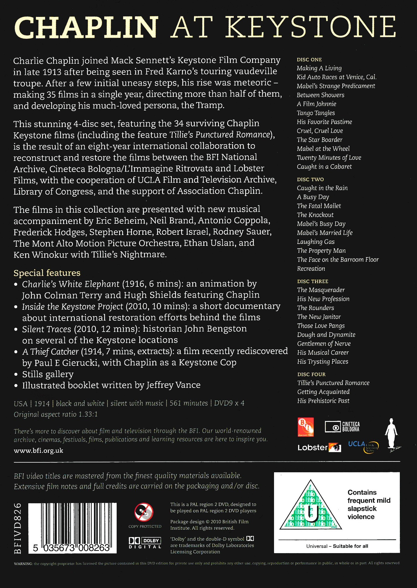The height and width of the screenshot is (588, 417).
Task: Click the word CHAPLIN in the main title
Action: point(86,27)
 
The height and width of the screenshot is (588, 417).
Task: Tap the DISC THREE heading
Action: point(313,281)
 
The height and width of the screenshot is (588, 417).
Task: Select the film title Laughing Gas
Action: point(316,242)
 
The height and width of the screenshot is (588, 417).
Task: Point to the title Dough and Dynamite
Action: point(326,335)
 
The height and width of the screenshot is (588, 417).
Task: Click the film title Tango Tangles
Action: point(316,113)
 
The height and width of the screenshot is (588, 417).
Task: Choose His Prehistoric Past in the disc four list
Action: point(323,401)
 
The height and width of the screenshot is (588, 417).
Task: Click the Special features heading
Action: point(47,273)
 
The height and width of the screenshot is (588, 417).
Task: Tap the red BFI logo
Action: point(306,427)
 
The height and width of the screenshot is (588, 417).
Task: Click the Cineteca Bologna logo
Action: point(342,427)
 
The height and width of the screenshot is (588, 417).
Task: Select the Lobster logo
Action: point(319,447)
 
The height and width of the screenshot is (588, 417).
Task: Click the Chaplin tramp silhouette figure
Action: point(391,433)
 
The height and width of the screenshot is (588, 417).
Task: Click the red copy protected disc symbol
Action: point(144,512)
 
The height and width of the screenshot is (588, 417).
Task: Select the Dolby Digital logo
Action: point(145,543)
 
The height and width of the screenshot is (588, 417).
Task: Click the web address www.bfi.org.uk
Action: point(39,451)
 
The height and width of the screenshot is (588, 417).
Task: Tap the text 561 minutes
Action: point(189,403)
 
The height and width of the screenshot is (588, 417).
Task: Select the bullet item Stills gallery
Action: point(48,374)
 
